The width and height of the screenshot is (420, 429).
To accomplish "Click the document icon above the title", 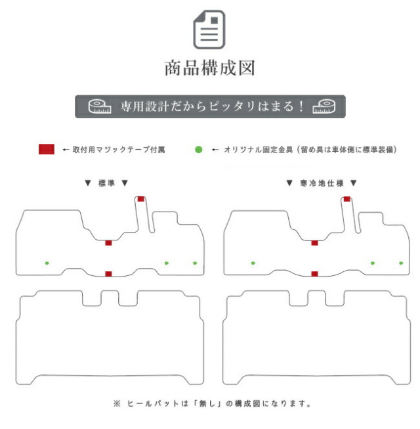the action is click(x=209, y=30).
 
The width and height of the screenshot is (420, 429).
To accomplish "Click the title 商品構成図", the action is click(x=210, y=68).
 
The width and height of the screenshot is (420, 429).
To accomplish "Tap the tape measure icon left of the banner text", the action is click(x=100, y=106).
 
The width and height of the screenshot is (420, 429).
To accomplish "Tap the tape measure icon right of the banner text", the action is click(x=324, y=106).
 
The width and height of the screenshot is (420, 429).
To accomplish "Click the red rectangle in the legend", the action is click(x=47, y=149).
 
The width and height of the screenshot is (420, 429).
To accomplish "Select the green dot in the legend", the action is click(x=199, y=149).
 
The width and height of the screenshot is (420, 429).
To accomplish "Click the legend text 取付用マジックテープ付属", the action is click(x=119, y=150).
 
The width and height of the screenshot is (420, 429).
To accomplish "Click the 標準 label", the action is click(x=106, y=183).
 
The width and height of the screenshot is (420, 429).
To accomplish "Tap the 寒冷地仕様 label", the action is click(x=322, y=183).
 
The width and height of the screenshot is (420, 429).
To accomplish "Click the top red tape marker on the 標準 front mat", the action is click(x=140, y=199).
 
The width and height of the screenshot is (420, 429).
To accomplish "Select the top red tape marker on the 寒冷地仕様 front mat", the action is click(x=347, y=199).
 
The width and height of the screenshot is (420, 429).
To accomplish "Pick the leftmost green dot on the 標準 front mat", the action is click(x=47, y=263).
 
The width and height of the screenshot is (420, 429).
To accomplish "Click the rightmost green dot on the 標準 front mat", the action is click(x=195, y=263).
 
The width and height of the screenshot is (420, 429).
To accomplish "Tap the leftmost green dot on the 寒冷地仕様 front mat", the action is click(x=253, y=263).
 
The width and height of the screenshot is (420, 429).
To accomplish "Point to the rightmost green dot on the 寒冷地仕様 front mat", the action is click(x=401, y=263).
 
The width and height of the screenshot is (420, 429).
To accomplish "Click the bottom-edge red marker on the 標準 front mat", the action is click(x=108, y=274).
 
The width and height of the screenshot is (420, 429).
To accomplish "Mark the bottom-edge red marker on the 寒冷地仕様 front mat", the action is click(x=315, y=274).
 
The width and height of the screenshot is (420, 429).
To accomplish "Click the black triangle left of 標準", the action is click(x=88, y=183).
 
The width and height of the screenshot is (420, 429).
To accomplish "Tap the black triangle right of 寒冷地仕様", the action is click(x=354, y=183).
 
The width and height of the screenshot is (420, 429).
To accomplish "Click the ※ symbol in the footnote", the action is click(x=117, y=403).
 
